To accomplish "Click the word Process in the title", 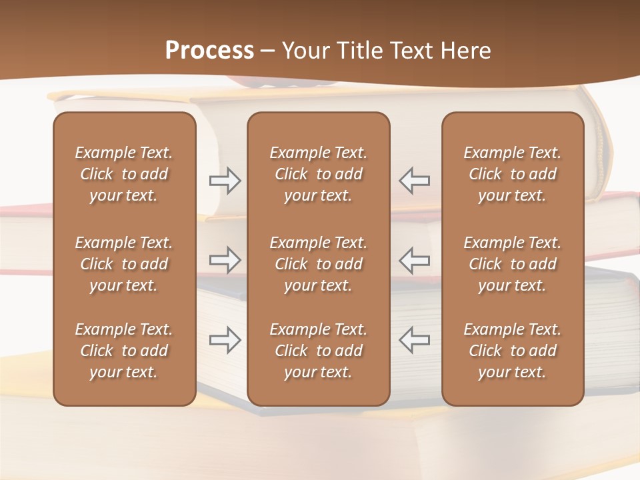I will pos(209,50).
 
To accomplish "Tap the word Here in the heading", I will pos(465,50).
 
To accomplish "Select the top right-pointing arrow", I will pos(225,181).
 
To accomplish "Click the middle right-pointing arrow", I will pos(225,260).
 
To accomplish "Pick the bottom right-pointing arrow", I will pos(225,339).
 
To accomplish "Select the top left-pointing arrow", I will pos(414,181).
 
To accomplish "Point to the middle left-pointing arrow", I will pos(414,260).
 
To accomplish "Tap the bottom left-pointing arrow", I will pos(414,339).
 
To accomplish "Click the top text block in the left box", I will pos(124,174).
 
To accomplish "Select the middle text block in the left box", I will pos(124,264).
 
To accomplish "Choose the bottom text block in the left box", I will pos(124,351).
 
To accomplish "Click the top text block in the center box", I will pos(318,174).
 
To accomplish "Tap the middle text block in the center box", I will pos(318,264).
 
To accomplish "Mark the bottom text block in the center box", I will pos(318,351).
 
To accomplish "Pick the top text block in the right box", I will pos(512,174).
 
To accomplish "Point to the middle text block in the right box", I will pos(512,264).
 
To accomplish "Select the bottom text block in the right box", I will pos(512,351).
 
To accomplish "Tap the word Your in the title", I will pos(304,50).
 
